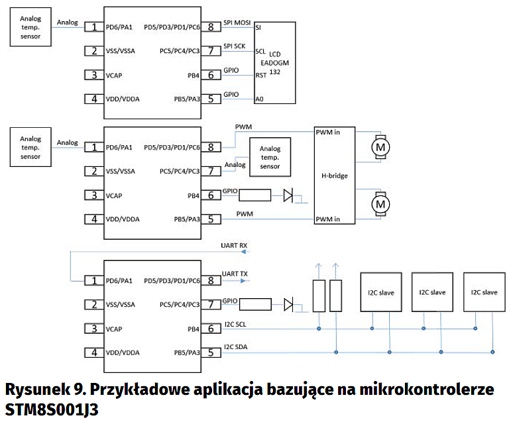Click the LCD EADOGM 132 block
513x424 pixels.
click(274, 63)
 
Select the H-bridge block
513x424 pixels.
click(335, 176)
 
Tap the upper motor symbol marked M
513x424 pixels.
click(380, 146)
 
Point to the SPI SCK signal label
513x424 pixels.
click(235, 46)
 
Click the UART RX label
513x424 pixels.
click(235, 246)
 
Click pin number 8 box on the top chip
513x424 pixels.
click(211, 27)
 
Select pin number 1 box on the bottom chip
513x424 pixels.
click(93, 281)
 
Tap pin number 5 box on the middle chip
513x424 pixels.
click(211, 219)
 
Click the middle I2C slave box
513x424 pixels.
click(432, 291)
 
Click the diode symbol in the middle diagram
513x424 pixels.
click(288, 195)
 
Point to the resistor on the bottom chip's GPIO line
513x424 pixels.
click(255, 305)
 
